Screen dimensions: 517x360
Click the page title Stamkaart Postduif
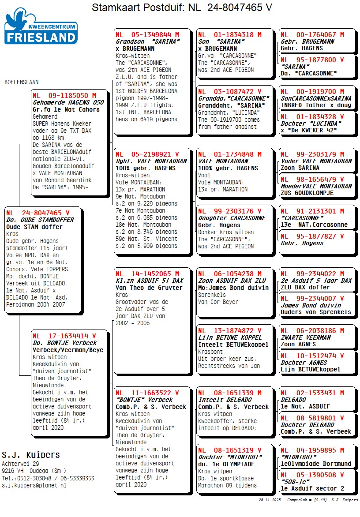click(182, 7)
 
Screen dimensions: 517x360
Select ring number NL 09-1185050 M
click(64, 95)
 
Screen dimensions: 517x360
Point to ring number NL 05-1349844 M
click(147, 34)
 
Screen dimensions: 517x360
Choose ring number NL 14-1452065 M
click(147, 273)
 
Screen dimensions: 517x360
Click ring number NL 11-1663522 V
click(147, 393)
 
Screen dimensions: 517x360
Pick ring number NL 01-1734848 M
click(229, 154)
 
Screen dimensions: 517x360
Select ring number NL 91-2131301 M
click(312, 211)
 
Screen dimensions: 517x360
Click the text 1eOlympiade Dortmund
click(316, 464)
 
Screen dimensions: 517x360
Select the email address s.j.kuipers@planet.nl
click(34, 485)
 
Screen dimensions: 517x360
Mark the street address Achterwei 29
click(20, 464)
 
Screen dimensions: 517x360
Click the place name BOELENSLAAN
click(21, 82)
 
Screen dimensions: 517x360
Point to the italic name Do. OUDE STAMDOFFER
click(40, 220)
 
